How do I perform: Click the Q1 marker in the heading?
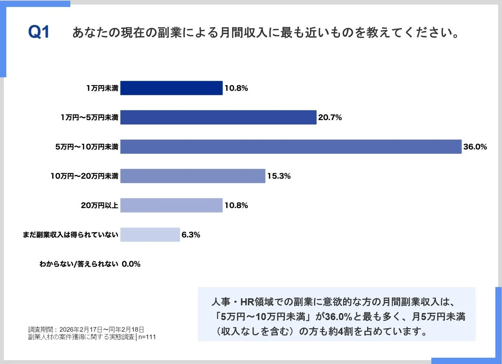(x=39, y=32)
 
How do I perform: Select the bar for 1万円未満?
(x=171, y=88)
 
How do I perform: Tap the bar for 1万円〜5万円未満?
(x=218, y=117)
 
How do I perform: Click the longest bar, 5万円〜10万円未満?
(x=291, y=147)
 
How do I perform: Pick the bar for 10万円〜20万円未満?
(x=193, y=176)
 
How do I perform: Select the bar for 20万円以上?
(x=171, y=205)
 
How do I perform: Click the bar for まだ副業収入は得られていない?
(x=150, y=235)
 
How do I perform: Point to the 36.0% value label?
(x=475, y=147)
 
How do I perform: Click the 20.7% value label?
(x=330, y=118)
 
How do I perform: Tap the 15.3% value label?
(x=279, y=176)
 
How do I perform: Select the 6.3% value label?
(x=191, y=235)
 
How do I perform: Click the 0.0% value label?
(x=131, y=264)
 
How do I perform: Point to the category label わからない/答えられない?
(x=79, y=264)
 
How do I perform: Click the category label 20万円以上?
(x=99, y=205)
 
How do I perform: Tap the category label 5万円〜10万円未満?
(x=86, y=147)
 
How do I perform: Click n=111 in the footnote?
(x=147, y=337)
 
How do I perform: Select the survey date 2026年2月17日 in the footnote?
(x=81, y=330)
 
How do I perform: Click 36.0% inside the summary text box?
(x=339, y=317)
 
